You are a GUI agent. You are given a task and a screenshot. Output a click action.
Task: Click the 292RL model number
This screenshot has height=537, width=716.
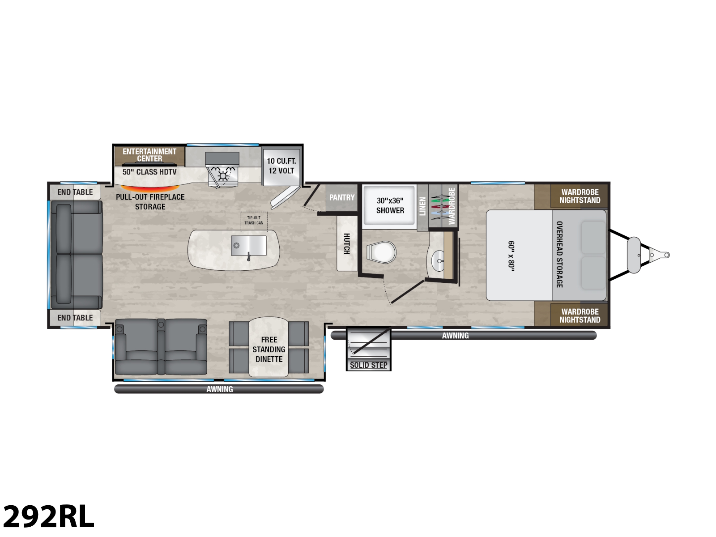(49, 516)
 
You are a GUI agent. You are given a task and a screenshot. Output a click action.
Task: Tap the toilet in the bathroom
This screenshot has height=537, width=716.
(381, 252)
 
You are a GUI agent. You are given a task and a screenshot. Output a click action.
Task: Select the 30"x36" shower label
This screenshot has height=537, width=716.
(390, 205)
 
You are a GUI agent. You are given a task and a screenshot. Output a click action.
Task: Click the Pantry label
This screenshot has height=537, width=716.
(341, 197)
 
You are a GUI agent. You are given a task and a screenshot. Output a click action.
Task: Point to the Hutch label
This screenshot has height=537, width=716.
(347, 243)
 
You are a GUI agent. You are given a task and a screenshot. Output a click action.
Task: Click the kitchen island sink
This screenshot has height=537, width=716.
(248, 246)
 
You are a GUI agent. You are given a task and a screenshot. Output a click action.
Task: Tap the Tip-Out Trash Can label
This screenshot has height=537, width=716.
(254, 221)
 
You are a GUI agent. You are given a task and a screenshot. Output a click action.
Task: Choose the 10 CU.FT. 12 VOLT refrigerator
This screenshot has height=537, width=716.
(281, 166)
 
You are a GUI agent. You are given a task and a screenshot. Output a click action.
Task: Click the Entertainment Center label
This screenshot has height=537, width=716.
(149, 155)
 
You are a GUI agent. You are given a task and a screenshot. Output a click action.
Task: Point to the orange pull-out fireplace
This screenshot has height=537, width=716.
(150, 188)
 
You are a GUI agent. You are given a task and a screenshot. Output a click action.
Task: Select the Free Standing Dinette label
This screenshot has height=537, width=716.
(269, 349)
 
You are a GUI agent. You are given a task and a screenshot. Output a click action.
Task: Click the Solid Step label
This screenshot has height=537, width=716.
(369, 365)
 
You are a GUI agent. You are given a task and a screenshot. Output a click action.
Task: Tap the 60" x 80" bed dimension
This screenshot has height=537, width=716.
(511, 256)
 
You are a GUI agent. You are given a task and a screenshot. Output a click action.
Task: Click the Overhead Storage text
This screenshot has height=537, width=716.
(559, 255)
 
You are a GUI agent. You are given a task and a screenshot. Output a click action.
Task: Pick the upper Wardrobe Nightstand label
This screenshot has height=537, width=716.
(580, 196)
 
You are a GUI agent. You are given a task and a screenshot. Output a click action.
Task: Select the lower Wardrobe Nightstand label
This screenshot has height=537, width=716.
(580, 316)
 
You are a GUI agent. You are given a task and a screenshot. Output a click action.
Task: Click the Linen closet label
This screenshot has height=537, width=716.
(422, 206)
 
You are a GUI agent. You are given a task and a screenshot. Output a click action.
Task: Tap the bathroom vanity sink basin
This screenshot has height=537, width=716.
(438, 261)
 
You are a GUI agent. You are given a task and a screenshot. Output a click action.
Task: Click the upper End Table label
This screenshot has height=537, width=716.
(75, 192)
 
